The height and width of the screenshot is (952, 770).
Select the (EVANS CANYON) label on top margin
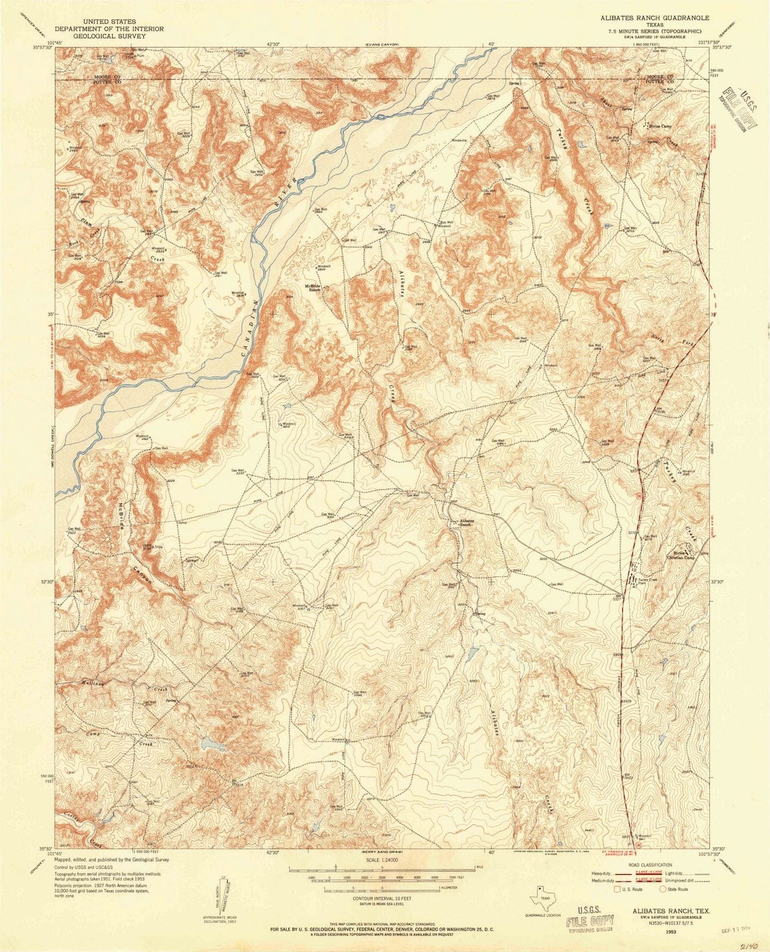pos(381,44)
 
